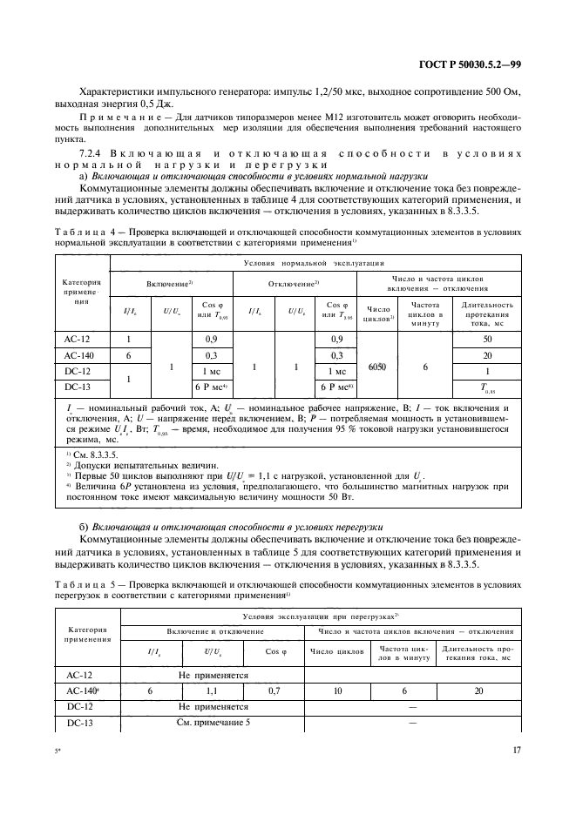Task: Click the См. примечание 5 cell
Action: click(x=213, y=723)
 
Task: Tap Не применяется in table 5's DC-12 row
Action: click(x=213, y=706)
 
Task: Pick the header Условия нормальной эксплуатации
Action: click(x=317, y=262)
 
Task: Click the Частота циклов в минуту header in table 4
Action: click(x=426, y=312)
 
